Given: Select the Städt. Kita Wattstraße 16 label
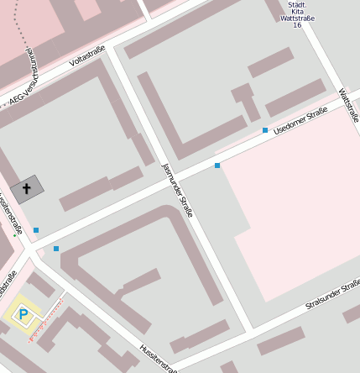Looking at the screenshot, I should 291,13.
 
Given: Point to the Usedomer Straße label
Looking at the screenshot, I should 300,123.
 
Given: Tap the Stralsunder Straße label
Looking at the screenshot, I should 332,295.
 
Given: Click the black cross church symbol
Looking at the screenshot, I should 26,189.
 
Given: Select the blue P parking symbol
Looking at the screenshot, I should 23,315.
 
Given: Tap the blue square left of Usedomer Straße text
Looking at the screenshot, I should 265,130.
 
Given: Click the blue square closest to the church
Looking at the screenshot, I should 35,229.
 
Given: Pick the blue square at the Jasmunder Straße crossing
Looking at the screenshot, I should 217,165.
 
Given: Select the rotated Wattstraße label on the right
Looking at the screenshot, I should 348,106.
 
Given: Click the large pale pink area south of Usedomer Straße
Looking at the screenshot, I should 294,210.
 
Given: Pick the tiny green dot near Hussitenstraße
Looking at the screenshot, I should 14,236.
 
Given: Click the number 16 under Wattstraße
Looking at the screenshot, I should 296,25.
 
